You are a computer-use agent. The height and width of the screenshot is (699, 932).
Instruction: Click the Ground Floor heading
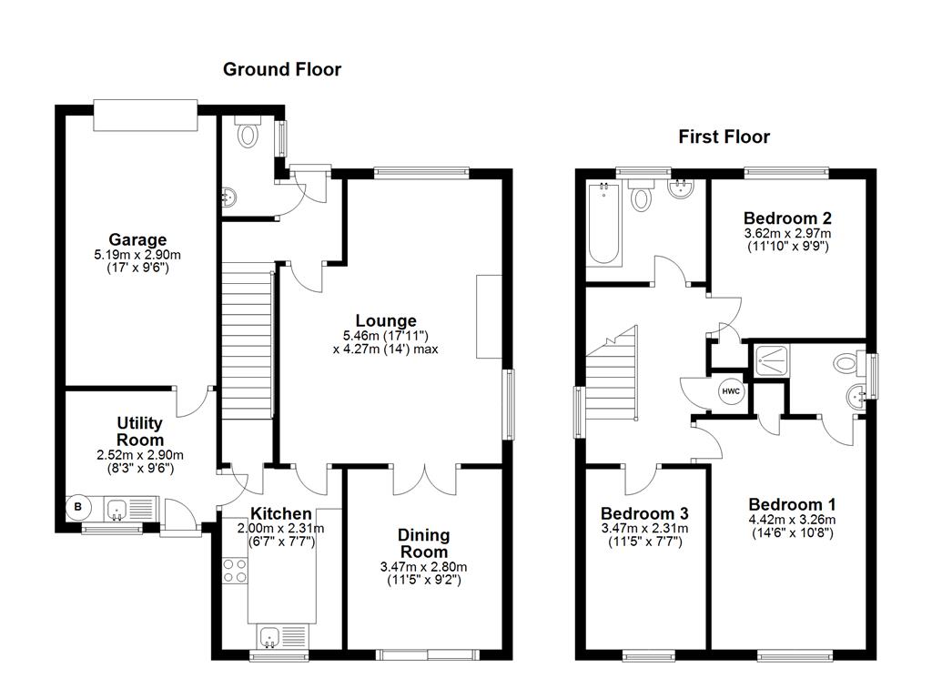coord(282,69)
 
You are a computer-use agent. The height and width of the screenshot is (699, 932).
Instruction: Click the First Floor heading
coord(724,137)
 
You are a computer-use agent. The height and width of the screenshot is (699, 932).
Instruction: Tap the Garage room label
coord(137,239)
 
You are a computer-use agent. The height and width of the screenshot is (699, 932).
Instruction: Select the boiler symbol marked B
coord(78,508)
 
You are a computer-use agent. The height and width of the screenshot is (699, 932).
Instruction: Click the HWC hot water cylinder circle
coord(731,391)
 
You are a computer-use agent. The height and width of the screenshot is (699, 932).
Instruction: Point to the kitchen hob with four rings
coord(236,571)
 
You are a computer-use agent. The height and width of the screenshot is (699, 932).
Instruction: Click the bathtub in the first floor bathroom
coord(604,224)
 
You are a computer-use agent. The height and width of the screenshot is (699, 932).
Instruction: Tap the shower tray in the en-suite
coord(772,360)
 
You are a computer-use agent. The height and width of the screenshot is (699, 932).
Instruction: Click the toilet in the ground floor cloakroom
coord(248,131)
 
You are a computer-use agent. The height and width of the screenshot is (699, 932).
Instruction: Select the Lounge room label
coord(386,321)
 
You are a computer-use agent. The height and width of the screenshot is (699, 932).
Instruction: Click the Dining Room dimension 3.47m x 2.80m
coord(423,567)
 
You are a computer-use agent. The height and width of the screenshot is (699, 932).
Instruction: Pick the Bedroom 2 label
coord(787,218)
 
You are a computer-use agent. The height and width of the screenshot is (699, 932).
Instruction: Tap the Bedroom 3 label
coord(645,513)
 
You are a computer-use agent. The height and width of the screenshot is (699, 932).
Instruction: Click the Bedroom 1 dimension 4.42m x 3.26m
coord(793,520)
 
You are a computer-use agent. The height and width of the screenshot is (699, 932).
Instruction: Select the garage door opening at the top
coord(146,115)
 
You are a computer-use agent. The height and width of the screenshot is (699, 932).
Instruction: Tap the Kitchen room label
coord(280,513)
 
